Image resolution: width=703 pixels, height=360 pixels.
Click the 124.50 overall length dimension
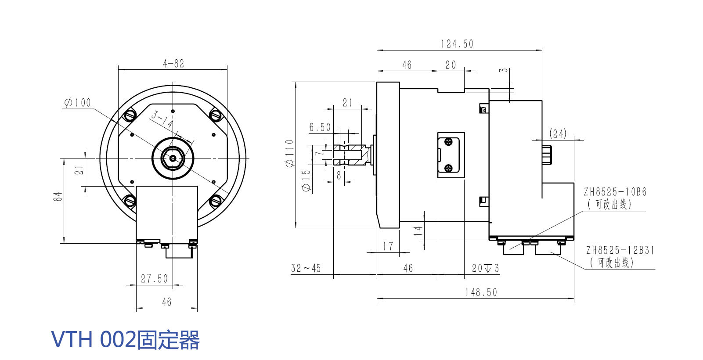(x=457, y=44)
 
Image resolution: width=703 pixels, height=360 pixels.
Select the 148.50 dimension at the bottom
(x=481, y=292)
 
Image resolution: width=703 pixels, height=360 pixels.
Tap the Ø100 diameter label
(x=78, y=103)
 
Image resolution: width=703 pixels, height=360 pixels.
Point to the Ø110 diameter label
(x=289, y=153)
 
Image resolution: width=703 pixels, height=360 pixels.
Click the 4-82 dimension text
(x=173, y=64)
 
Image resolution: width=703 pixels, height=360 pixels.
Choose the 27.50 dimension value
(x=154, y=279)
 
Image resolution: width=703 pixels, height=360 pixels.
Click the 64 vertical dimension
(x=58, y=196)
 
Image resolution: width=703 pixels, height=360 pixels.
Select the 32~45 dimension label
(x=306, y=268)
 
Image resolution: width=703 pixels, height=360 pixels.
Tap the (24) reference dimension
(x=558, y=133)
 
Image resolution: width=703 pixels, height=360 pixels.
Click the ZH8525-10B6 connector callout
(x=615, y=192)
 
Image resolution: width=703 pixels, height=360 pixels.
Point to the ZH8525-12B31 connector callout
(x=620, y=250)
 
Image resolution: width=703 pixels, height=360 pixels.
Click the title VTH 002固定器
(x=126, y=340)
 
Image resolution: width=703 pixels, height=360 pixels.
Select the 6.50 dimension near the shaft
(x=320, y=127)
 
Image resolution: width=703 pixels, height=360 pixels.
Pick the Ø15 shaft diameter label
(x=306, y=180)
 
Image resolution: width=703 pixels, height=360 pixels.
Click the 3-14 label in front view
(x=162, y=119)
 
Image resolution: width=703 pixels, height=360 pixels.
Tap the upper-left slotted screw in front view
(x=130, y=115)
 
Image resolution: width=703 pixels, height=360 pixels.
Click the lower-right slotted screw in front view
(x=215, y=201)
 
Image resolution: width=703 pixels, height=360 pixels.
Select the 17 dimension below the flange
(x=388, y=246)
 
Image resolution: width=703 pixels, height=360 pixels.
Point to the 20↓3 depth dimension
(x=485, y=268)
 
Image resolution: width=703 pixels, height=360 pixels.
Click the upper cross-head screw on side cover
(x=448, y=142)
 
